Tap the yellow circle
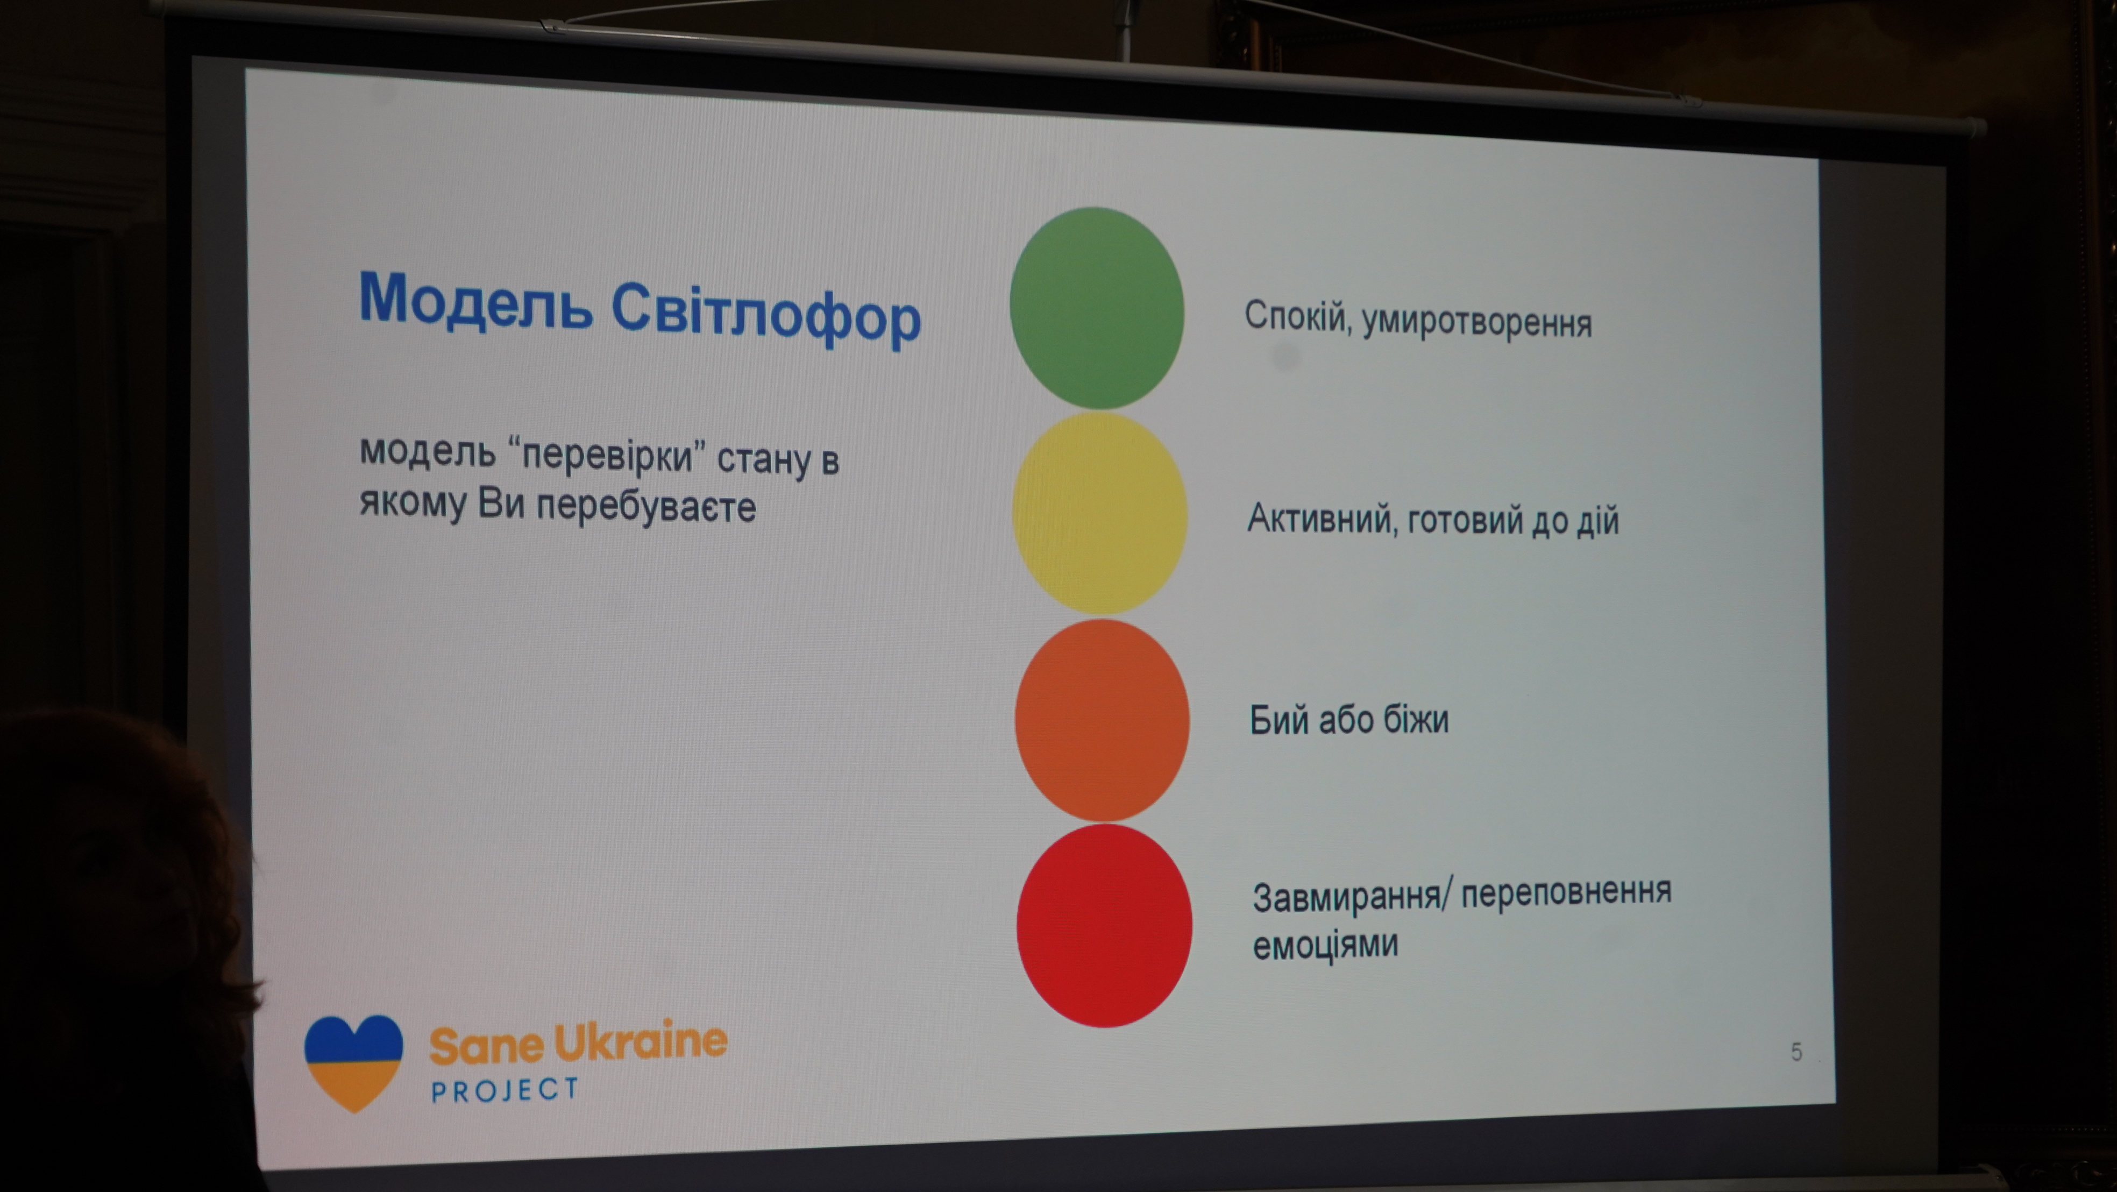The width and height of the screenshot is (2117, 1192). click(x=1099, y=514)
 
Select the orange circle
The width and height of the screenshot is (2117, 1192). click(x=1102, y=720)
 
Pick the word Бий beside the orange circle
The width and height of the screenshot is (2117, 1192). click(x=1278, y=719)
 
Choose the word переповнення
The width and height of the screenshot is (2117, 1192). click(x=1566, y=892)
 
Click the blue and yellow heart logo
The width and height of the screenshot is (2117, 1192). click(x=353, y=1063)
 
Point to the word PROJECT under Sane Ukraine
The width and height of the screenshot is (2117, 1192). click(x=506, y=1089)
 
